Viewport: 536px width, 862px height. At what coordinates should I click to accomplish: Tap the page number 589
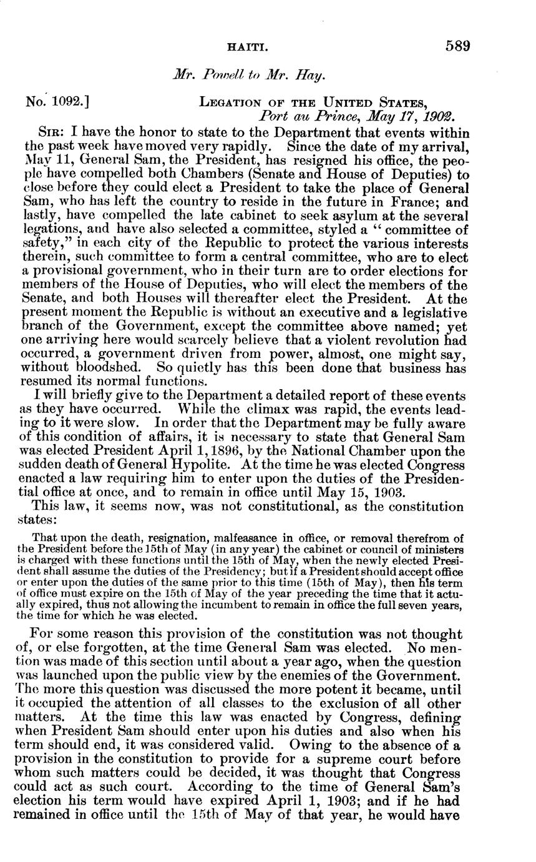(x=457, y=46)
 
